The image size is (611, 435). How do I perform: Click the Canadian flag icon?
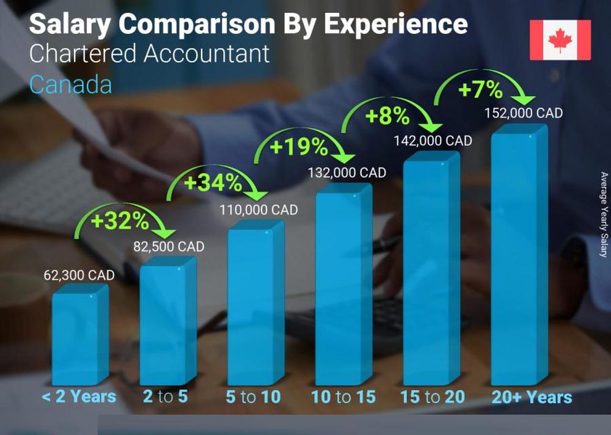point(560,40)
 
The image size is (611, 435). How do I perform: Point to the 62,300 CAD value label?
point(79,275)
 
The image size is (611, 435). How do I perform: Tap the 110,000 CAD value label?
point(258,210)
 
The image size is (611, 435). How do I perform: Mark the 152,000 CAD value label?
point(523,113)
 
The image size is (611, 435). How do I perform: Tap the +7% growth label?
point(480,90)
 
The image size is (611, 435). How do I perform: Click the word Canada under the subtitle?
point(70,84)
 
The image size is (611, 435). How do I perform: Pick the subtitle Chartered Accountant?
point(149,54)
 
